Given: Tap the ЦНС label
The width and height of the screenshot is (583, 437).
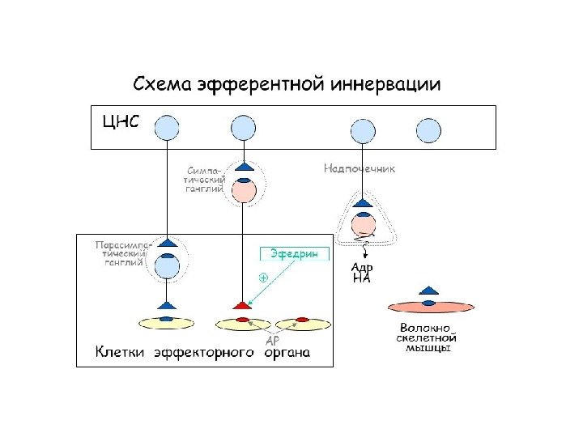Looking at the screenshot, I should click(x=121, y=123).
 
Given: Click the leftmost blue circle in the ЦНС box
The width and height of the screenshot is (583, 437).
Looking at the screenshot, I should click(x=167, y=128).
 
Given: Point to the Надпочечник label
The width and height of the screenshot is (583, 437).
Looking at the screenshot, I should click(x=359, y=169).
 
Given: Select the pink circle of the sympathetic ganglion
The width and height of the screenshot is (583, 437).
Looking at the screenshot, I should click(x=244, y=191).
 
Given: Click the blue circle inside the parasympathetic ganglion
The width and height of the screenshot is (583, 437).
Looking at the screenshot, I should click(x=167, y=265).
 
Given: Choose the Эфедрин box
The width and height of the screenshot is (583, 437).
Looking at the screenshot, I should click(x=295, y=253).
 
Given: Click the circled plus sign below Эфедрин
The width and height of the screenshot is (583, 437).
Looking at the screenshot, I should click(x=264, y=277).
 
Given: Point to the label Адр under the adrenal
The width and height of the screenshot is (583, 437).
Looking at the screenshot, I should click(x=362, y=268).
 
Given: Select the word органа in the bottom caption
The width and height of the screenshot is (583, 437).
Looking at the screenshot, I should click(x=287, y=353).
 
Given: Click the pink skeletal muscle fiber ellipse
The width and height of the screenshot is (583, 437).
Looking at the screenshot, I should click(x=430, y=307).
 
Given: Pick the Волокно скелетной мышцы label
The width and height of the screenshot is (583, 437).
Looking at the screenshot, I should click(x=428, y=338).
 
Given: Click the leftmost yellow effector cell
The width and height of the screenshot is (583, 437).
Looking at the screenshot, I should click(x=168, y=323).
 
